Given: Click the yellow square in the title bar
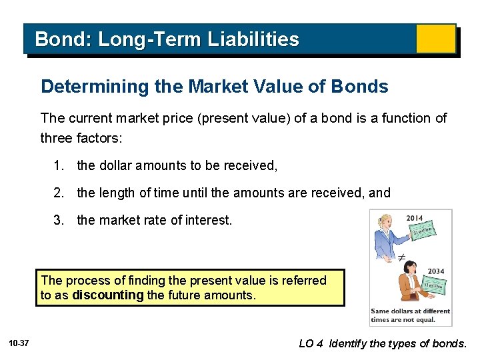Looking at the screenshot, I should (435, 39).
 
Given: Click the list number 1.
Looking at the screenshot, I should (59, 165).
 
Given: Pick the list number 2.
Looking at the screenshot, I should (59, 193).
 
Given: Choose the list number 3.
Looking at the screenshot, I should (59, 220).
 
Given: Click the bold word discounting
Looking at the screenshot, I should (108, 295).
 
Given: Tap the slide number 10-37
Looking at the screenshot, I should (19, 343).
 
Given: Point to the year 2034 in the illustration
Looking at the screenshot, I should (436, 271).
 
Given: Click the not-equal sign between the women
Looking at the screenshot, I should (402, 257).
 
